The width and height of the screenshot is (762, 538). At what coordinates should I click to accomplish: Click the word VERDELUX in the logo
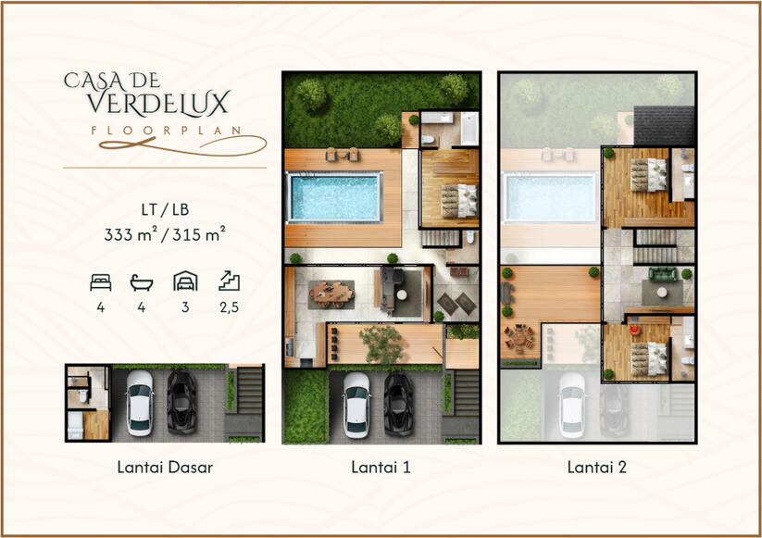tap(158, 103)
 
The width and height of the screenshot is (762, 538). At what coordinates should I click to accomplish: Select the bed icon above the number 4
tap(101, 282)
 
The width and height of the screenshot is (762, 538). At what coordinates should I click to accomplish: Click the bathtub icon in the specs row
tap(142, 282)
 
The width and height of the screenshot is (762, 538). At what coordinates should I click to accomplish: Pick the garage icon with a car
tap(185, 281)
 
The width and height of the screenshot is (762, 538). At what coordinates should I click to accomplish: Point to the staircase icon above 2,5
tap(229, 281)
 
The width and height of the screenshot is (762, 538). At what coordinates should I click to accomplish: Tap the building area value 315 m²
tap(199, 234)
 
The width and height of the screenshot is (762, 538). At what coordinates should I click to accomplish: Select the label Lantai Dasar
tap(165, 467)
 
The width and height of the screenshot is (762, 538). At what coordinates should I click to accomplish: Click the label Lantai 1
tap(381, 467)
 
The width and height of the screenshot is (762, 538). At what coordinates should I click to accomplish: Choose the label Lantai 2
tap(597, 467)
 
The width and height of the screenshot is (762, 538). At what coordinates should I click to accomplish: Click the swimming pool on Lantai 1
tap(335, 197)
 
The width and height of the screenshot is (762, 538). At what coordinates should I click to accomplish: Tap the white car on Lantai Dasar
tap(140, 403)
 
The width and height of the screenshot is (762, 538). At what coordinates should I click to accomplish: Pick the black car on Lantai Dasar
tap(181, 403)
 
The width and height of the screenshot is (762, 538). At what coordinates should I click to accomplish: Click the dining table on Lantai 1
tap(332, 293)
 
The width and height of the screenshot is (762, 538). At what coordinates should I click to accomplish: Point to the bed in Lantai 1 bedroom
tap(459, 201)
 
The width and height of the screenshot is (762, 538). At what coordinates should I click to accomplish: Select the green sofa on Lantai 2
tap(662, 275)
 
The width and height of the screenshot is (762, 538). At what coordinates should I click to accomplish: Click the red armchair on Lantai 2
tap(635, 331)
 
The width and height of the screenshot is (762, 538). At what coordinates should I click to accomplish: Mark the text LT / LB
tap(165, 209)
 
